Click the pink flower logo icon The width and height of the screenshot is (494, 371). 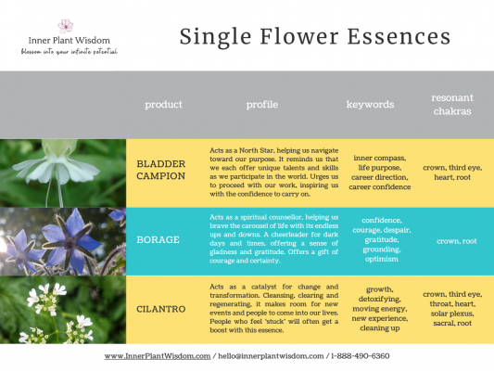coord(65,25)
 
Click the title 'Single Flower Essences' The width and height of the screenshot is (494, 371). coord(314,36)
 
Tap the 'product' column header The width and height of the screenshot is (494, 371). coord(163,105)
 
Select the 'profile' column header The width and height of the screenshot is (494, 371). coord(262,105)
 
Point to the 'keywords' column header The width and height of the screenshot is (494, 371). coord(370,105)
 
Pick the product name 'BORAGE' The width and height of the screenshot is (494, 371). coord(158,241)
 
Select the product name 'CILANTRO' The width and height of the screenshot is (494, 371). coord(163,309)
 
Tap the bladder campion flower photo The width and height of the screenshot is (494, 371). coord(62,173)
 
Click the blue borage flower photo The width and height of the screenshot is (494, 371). coord(62,241)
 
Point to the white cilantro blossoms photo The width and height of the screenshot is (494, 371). coord(62,309)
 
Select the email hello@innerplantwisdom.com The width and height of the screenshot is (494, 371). coord(270,356)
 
